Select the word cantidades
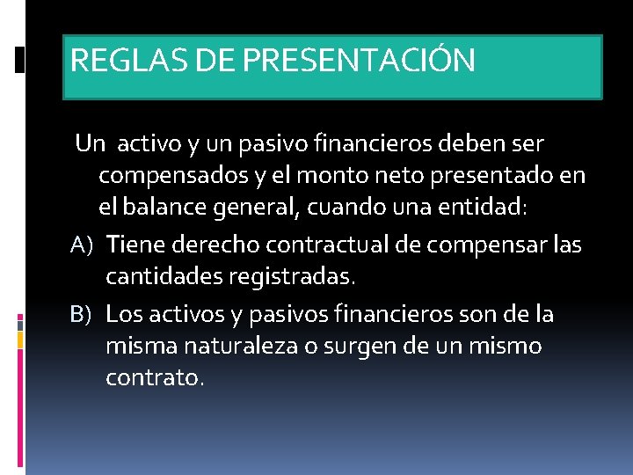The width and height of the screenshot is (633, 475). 164,278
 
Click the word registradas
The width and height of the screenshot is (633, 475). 292,278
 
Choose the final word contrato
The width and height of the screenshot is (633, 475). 154,379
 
